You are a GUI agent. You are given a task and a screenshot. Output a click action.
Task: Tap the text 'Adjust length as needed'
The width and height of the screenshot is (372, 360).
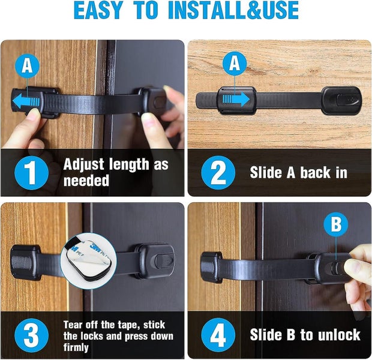[116, 173]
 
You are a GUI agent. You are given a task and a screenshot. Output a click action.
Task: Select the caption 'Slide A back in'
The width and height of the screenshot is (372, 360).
[298, 173]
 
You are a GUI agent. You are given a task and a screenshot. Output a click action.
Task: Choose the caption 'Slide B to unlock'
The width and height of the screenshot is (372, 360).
[305, 335]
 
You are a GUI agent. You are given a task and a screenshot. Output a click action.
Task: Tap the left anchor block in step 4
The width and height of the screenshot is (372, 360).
[211, 266]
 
